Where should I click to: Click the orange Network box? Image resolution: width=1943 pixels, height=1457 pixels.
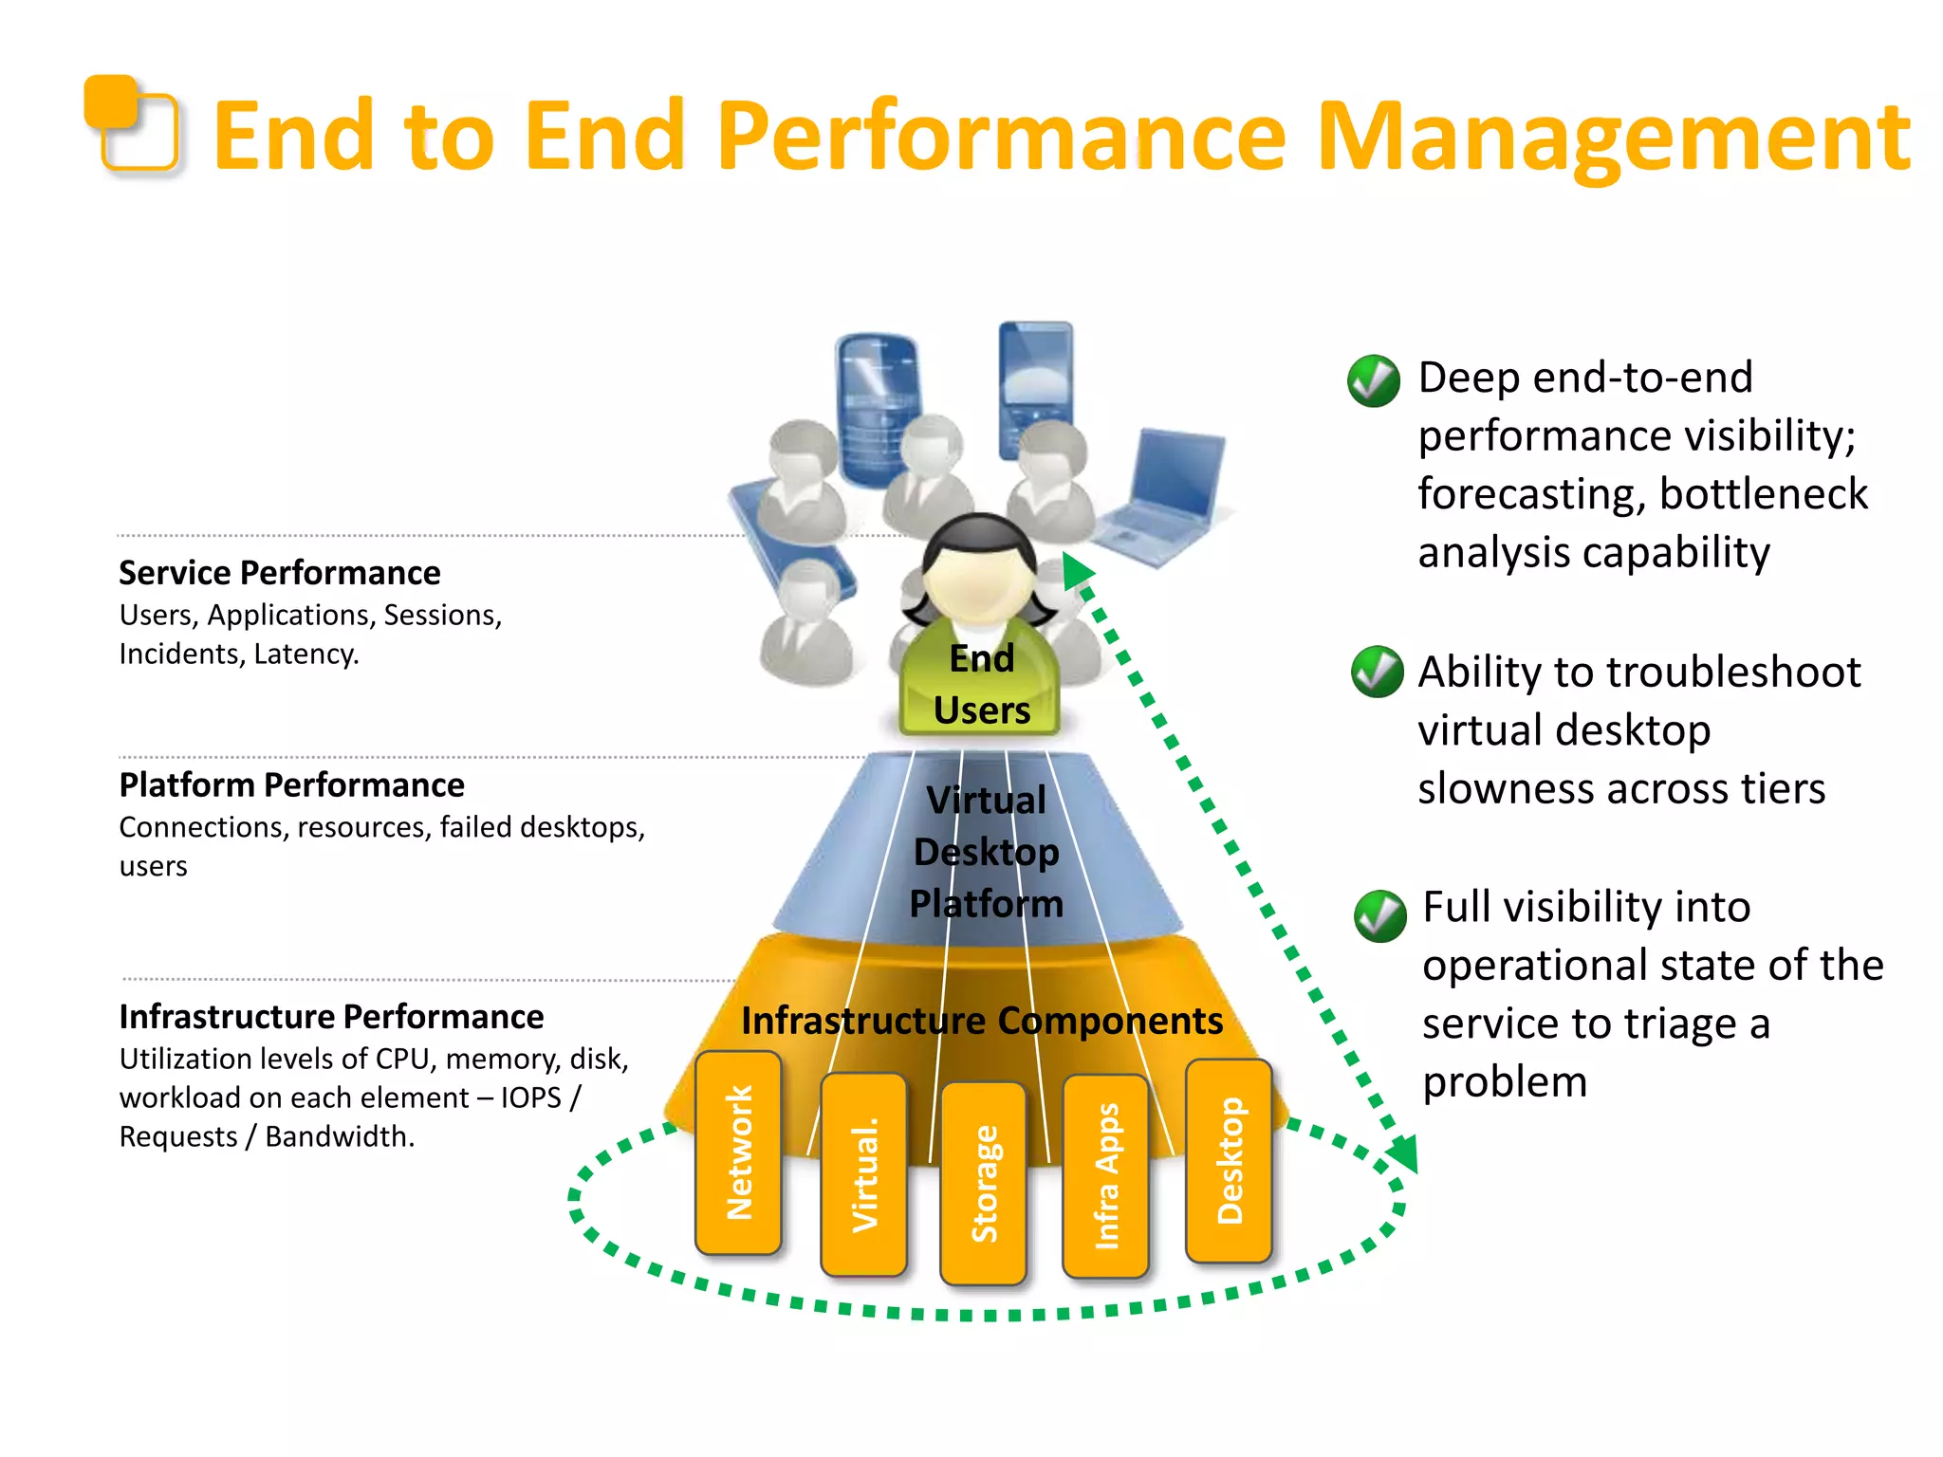pos(738,1153)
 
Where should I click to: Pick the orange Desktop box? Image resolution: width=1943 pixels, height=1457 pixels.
pos(1229,1160)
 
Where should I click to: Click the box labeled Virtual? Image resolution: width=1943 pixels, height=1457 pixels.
pos(863,1174)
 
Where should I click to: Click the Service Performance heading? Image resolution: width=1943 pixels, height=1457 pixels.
pos(279,573)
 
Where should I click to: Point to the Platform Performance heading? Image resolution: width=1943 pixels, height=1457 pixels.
pos(291,785)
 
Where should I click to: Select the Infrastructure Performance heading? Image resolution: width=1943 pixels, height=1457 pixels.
pos(331,1017)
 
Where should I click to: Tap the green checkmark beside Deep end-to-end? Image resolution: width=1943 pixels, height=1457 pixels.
pos(1373,381)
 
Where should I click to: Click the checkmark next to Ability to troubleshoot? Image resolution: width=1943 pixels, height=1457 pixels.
pos(1377,672)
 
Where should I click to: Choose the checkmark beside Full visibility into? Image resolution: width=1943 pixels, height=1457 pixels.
pos(1379,915)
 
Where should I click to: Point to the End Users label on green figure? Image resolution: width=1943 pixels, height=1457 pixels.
pos(981,684)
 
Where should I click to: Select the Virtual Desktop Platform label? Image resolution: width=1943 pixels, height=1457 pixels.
pos(986,852)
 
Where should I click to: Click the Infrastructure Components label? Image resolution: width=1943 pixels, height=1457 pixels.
pos(981,1021)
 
